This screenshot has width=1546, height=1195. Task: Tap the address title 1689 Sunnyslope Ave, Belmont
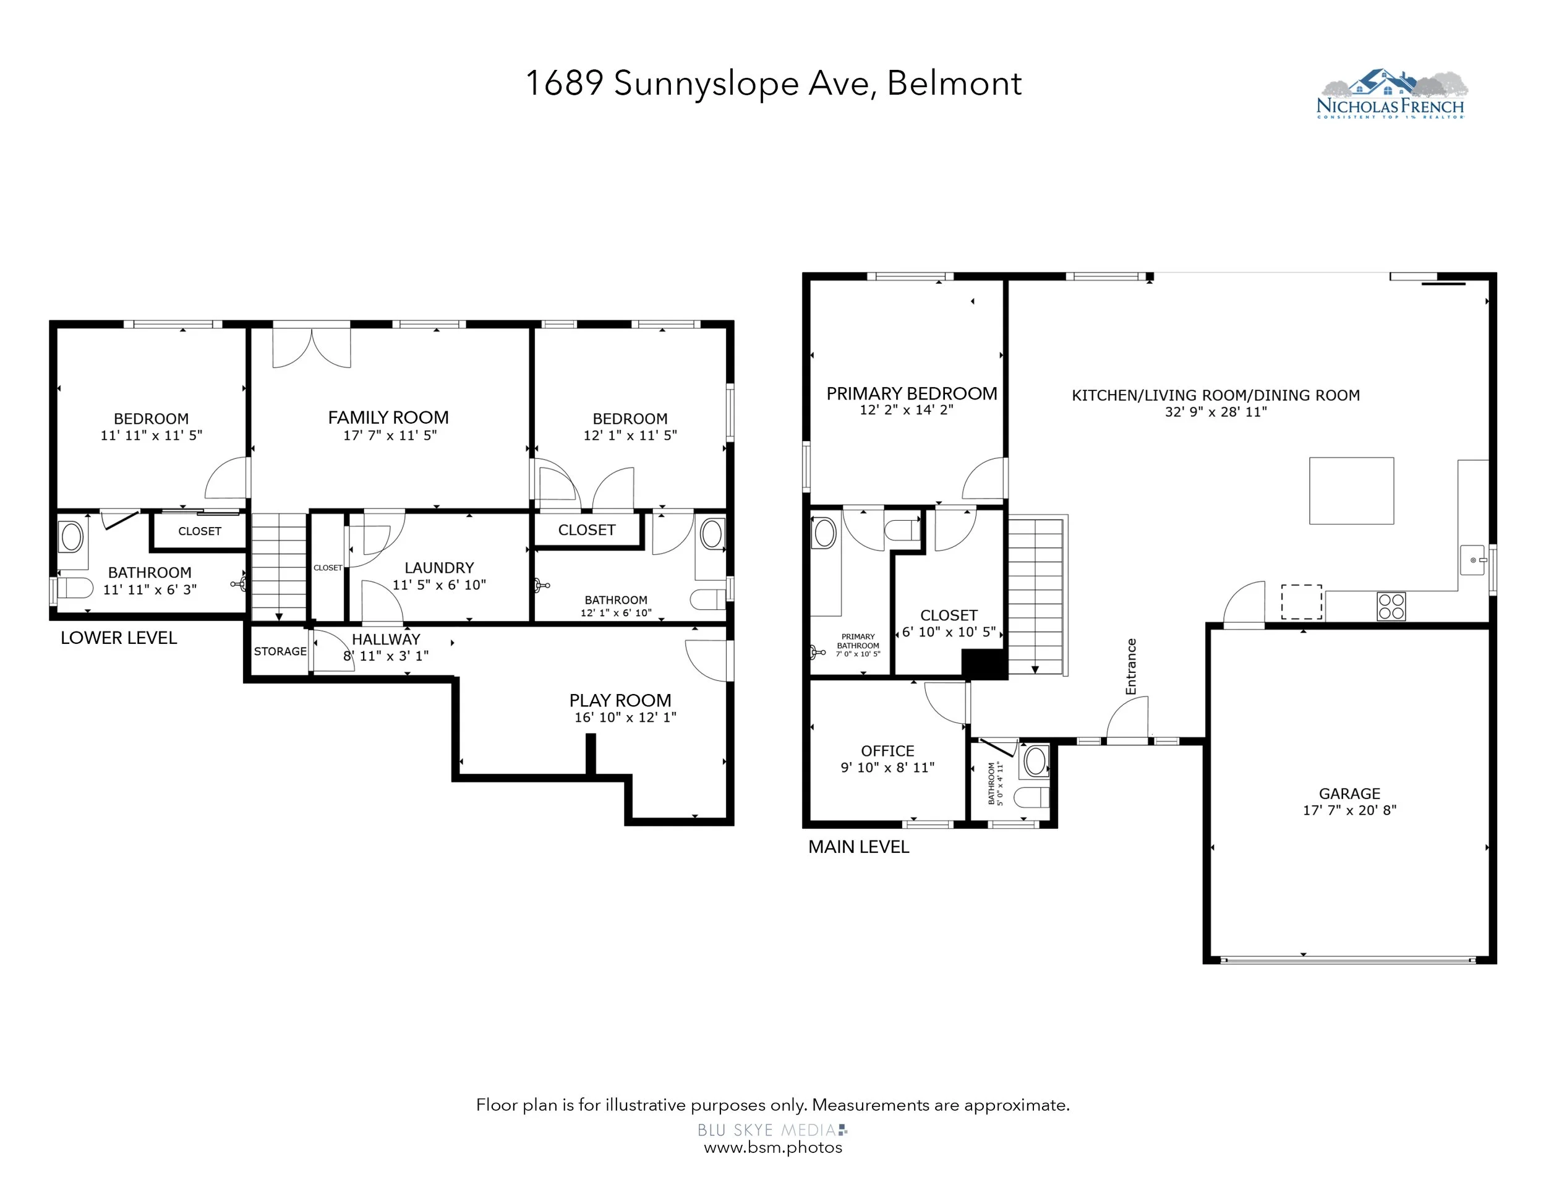(773, 84)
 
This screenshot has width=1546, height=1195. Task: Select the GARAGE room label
(1349, 794)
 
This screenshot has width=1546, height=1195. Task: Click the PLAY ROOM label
(620, 700)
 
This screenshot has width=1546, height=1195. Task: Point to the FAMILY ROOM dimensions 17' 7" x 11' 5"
(390, 435)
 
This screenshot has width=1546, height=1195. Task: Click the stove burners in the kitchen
(1391, 607)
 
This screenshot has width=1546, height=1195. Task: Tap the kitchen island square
(1351, 490)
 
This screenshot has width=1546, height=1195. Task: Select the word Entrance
(1130, 666)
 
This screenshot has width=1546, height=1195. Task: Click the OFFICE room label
(887, 750)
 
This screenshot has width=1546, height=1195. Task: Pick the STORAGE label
(280, 651)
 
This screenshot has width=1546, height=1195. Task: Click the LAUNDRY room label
(439, 568)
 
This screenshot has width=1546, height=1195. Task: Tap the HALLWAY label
(386, 640)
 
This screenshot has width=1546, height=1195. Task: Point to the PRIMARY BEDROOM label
(912, 393)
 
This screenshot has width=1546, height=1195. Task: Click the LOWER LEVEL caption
(119, 638)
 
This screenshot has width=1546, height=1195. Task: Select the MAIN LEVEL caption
(859, 847)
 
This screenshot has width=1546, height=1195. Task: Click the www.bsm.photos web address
(773, 1147)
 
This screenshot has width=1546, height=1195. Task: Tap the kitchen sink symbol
(1473, 560)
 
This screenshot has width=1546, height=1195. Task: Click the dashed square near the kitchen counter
(1301, 602)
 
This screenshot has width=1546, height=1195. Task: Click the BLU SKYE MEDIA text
(769, 1130)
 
